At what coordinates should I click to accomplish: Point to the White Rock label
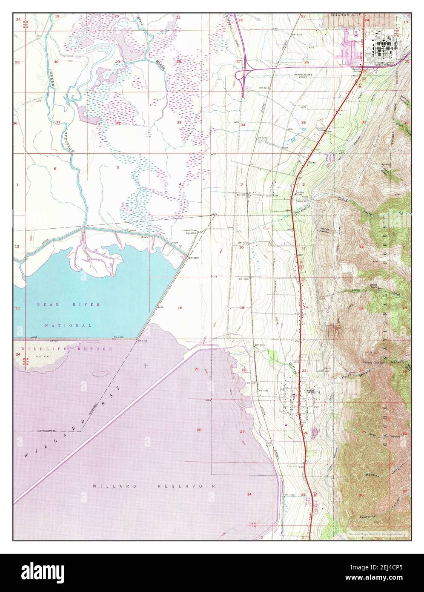click(x=374, y=286)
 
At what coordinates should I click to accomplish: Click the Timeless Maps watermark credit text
click(x=376, y=533)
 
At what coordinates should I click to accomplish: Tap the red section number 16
click(x=180, y=307)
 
